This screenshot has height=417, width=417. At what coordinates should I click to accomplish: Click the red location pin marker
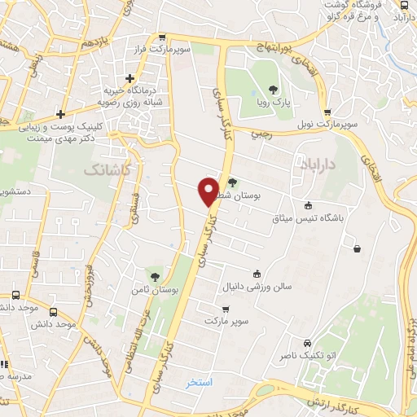209,191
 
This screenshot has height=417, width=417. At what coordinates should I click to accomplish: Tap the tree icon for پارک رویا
274,90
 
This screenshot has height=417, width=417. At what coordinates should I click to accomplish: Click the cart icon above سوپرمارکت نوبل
327,112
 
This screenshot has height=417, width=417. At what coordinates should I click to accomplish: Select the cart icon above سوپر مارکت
225,309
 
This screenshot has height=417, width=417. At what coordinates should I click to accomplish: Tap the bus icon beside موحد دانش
54,312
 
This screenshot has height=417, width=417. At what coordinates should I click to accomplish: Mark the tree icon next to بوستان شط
232,183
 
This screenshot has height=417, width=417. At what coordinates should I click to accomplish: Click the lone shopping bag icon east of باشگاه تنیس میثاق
357,248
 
